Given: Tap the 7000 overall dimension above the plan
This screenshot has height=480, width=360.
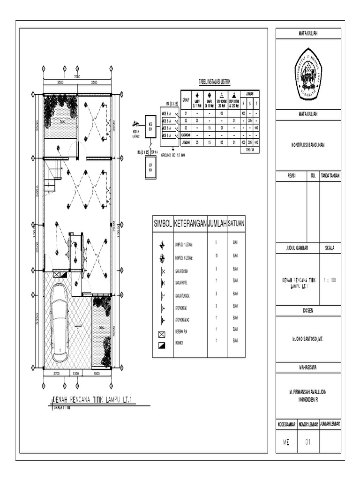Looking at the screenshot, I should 77,77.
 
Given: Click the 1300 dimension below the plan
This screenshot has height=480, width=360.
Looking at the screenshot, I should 75,374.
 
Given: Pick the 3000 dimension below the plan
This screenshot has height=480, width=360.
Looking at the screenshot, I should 96,374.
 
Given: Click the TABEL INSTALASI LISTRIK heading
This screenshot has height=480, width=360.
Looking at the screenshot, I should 215,82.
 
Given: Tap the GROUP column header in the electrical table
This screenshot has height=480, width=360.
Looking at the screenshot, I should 185,100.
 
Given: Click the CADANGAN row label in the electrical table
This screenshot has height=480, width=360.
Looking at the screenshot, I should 185,135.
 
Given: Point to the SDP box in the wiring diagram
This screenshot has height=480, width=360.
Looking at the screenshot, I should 150,166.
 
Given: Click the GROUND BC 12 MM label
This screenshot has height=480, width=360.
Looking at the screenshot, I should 173,155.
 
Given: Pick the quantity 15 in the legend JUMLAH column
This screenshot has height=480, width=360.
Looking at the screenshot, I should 216,257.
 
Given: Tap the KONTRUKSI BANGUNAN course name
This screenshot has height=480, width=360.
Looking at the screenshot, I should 308,145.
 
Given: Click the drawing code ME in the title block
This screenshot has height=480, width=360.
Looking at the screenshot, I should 286,442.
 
